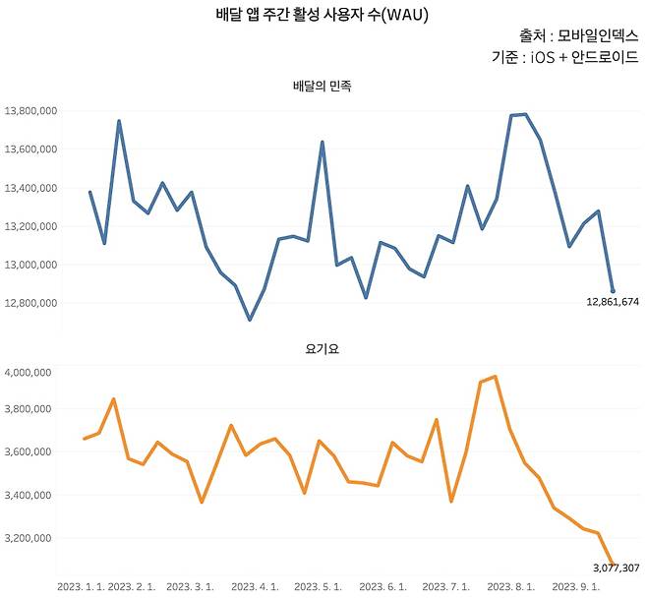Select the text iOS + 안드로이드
584,57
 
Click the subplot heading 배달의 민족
322,87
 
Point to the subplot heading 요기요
322,348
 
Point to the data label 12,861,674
606,303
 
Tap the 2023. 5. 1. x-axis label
319,587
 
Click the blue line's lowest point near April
250,320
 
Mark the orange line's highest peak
495,376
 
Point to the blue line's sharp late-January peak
119,121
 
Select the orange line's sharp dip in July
451,502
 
